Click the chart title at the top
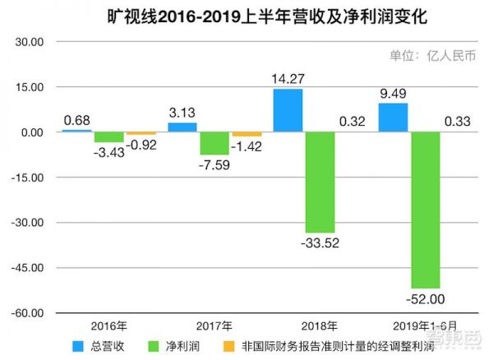[x=246, y=16]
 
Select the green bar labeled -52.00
[x=425, y=210]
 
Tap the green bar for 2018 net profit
[x=320, y=182]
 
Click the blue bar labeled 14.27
[x=288, y=111]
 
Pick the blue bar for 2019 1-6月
[x=393, y=118]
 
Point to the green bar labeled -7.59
[x=214, y=143]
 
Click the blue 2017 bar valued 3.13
[x=182, y=127]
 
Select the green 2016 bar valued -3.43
[x=108, y=137]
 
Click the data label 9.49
[x=393, y=93]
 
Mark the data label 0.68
[x=76, y=118]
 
